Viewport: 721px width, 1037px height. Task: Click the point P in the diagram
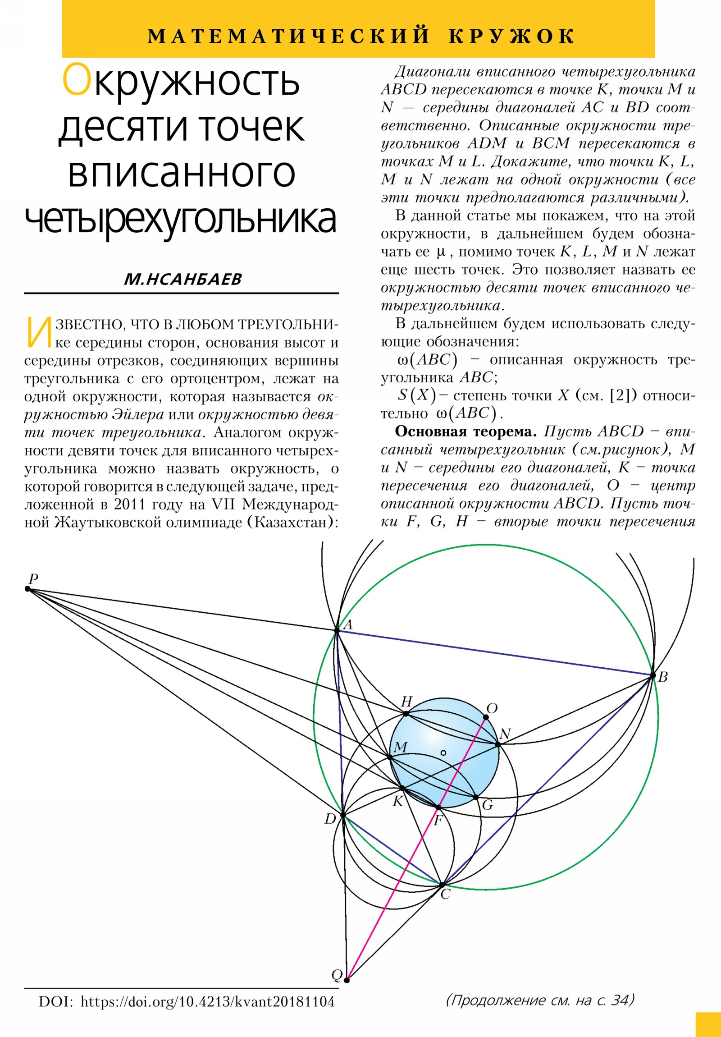[x=28, y=589]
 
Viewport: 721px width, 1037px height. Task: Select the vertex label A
[x=348, y=625]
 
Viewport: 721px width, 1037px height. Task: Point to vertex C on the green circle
[x=443, y=884]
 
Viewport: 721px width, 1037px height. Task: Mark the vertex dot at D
[x=342, y=815]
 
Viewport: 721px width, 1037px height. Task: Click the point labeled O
[x=486, y=717]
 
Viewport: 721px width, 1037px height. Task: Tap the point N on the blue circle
[x=497, y=744]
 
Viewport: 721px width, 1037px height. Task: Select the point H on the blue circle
[x=406, y=714]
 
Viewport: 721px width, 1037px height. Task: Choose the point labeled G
[x=476, y=798]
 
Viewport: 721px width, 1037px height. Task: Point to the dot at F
[x=438, y=807]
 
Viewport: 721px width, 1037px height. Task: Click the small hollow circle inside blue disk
[x=443, y=753]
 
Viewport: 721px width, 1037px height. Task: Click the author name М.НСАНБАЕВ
[x=183, y=280]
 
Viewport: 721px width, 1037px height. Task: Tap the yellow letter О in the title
[x=76, y=80]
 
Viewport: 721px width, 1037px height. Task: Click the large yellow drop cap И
[x=39, y=332]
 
